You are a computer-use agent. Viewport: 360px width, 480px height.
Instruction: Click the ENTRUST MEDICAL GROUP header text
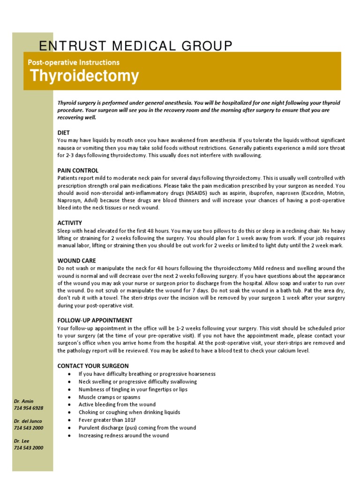pyautogui.click(x=135, y=46)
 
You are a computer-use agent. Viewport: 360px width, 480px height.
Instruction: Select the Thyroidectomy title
pyautogui.click(x=84, y=75)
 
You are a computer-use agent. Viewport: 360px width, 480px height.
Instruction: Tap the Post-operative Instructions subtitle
pyautogui.click(x=74, y=62)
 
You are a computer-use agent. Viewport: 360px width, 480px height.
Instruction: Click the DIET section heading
pyautogui.click(x=63, y=133)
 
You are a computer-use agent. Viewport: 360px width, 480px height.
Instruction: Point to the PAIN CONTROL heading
pyautogui.click(x=78, y=170)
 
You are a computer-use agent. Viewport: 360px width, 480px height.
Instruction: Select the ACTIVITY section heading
pyautogui.click(x=69, y=223)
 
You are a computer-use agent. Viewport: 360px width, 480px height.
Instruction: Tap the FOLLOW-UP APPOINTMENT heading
pyautogui.click(x=95, y=321)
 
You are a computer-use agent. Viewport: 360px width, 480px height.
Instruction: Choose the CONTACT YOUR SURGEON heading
pyautogui.click(x=93, y=366)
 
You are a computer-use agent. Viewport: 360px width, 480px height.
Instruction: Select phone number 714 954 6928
pyautogui.click(x=29, y=408)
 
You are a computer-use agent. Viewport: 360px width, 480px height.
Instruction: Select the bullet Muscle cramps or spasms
pyautogui.click(x=109, y=397)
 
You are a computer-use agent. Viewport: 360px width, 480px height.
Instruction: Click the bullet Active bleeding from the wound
pyautogui.click(x=117, y=405)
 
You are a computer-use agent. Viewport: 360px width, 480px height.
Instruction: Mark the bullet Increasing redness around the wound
pyautogui.click(x=123, y=435)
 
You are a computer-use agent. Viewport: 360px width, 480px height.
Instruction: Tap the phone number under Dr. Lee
pyautogui.click(x=29, y=448)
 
